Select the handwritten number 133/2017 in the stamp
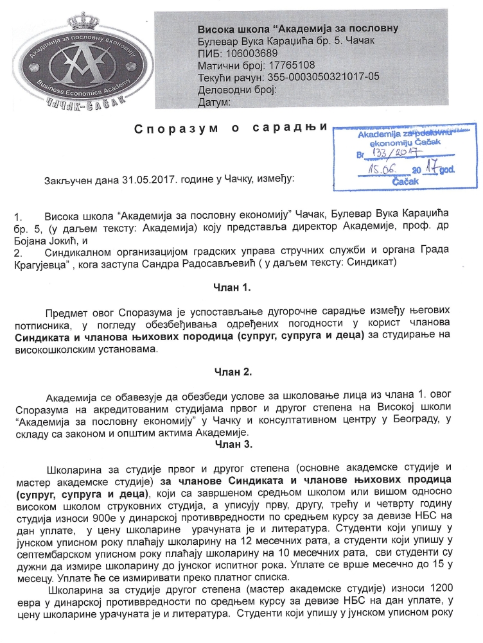(394, 153)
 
